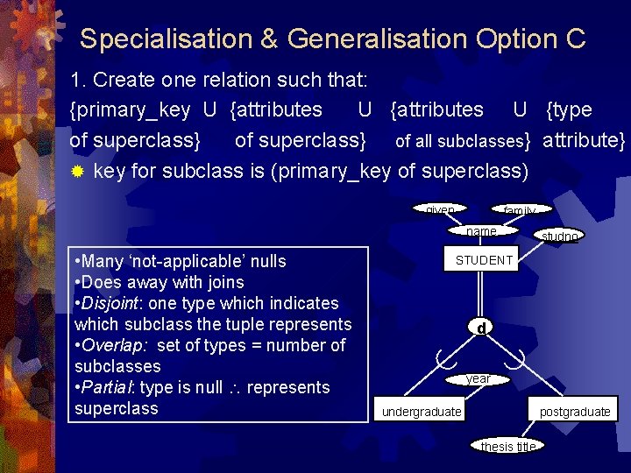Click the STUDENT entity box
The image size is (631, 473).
coord(484,260)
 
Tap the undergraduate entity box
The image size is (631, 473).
coord(422,412)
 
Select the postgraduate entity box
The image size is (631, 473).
coord(574,412)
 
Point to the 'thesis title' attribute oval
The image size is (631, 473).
coord(508,446)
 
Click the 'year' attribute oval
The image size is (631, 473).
coord(478,379)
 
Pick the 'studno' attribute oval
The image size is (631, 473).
coord(559,236)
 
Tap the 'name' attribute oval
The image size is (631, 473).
coord(482,231)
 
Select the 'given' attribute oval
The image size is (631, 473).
coord(440,210)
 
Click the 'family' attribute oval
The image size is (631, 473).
coord(520,211)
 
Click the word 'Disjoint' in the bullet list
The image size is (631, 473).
coord(111,303)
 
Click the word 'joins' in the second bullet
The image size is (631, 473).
coord(224,282)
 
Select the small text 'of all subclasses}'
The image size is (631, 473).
coord(463,141)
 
